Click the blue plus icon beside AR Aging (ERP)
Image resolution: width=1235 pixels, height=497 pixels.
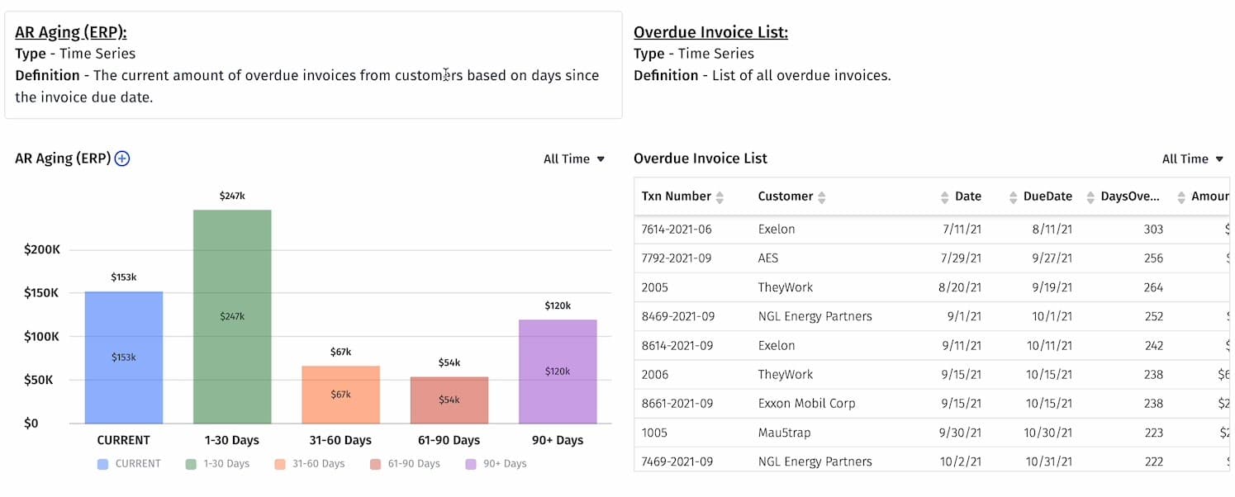122,159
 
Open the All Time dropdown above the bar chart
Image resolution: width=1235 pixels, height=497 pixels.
574,159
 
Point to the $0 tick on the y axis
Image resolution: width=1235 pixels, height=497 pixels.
31,424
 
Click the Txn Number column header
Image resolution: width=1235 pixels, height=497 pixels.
676,196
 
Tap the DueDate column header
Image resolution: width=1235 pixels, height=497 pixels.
1047,196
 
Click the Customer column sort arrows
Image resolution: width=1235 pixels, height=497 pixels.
822,197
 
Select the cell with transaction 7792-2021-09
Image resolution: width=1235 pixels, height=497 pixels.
677,258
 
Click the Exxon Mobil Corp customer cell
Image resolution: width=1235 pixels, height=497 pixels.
806,404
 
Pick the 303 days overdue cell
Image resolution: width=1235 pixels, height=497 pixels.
1153,230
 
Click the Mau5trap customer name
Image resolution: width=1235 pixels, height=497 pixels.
785,433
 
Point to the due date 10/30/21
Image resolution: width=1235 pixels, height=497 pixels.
1048,433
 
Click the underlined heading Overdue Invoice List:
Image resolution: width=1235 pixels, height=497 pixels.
710,32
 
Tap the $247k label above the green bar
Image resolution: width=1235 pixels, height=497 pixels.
232,196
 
